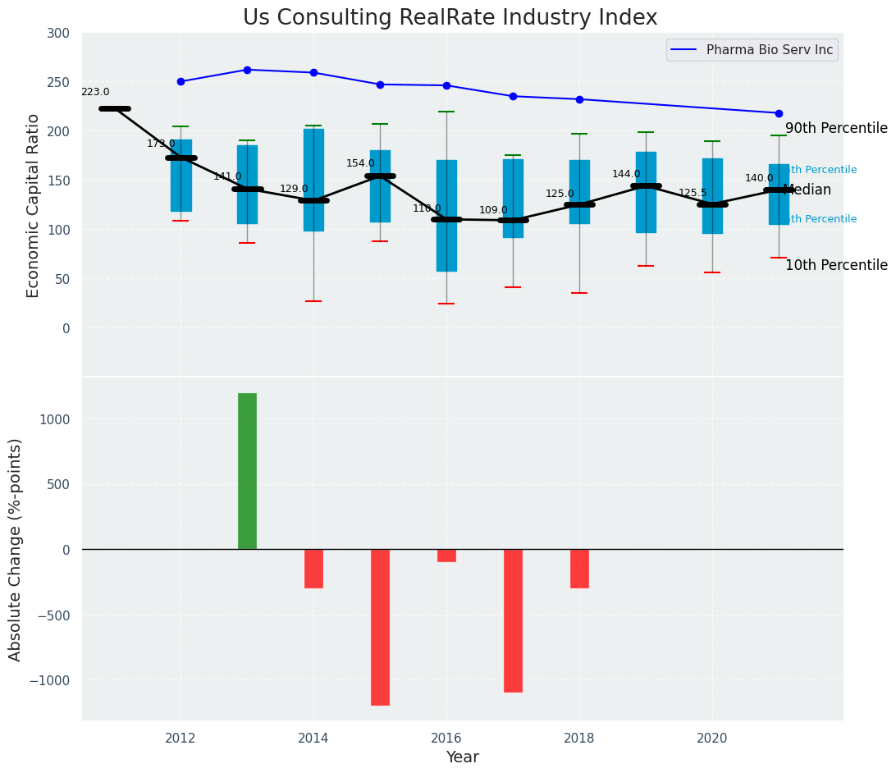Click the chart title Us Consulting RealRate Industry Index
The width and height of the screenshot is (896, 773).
[x=450, y=18]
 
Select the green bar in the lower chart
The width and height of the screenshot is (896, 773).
[x=247, y=471]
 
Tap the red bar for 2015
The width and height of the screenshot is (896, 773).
[x=380, y=627]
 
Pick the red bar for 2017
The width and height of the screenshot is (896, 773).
[x=513, y=620]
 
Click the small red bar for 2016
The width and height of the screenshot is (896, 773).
[x=446, y=556]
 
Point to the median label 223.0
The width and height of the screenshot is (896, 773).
[x=95, y=93]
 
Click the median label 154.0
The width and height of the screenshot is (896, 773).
[x=360, y=164]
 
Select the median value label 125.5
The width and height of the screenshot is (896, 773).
[x=693, y=194]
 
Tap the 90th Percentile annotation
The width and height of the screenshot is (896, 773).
[x=836, y=129]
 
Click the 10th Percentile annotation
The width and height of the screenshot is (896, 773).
[x=836, y=266]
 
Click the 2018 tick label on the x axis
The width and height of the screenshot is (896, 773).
[x=579, y=739]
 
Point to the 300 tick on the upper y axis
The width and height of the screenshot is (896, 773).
[x=59, y=33]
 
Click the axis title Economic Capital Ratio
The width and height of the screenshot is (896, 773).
[x=34, y=205]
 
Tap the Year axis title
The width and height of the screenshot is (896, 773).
[x=463, y=757]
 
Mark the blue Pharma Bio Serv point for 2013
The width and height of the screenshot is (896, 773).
[x=247, y=70]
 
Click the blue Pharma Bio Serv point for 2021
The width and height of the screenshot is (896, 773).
[x=779, y=113]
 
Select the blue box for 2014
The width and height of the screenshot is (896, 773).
[x=313, y=181]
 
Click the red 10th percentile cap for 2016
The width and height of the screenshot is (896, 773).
[x=446, y=304]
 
